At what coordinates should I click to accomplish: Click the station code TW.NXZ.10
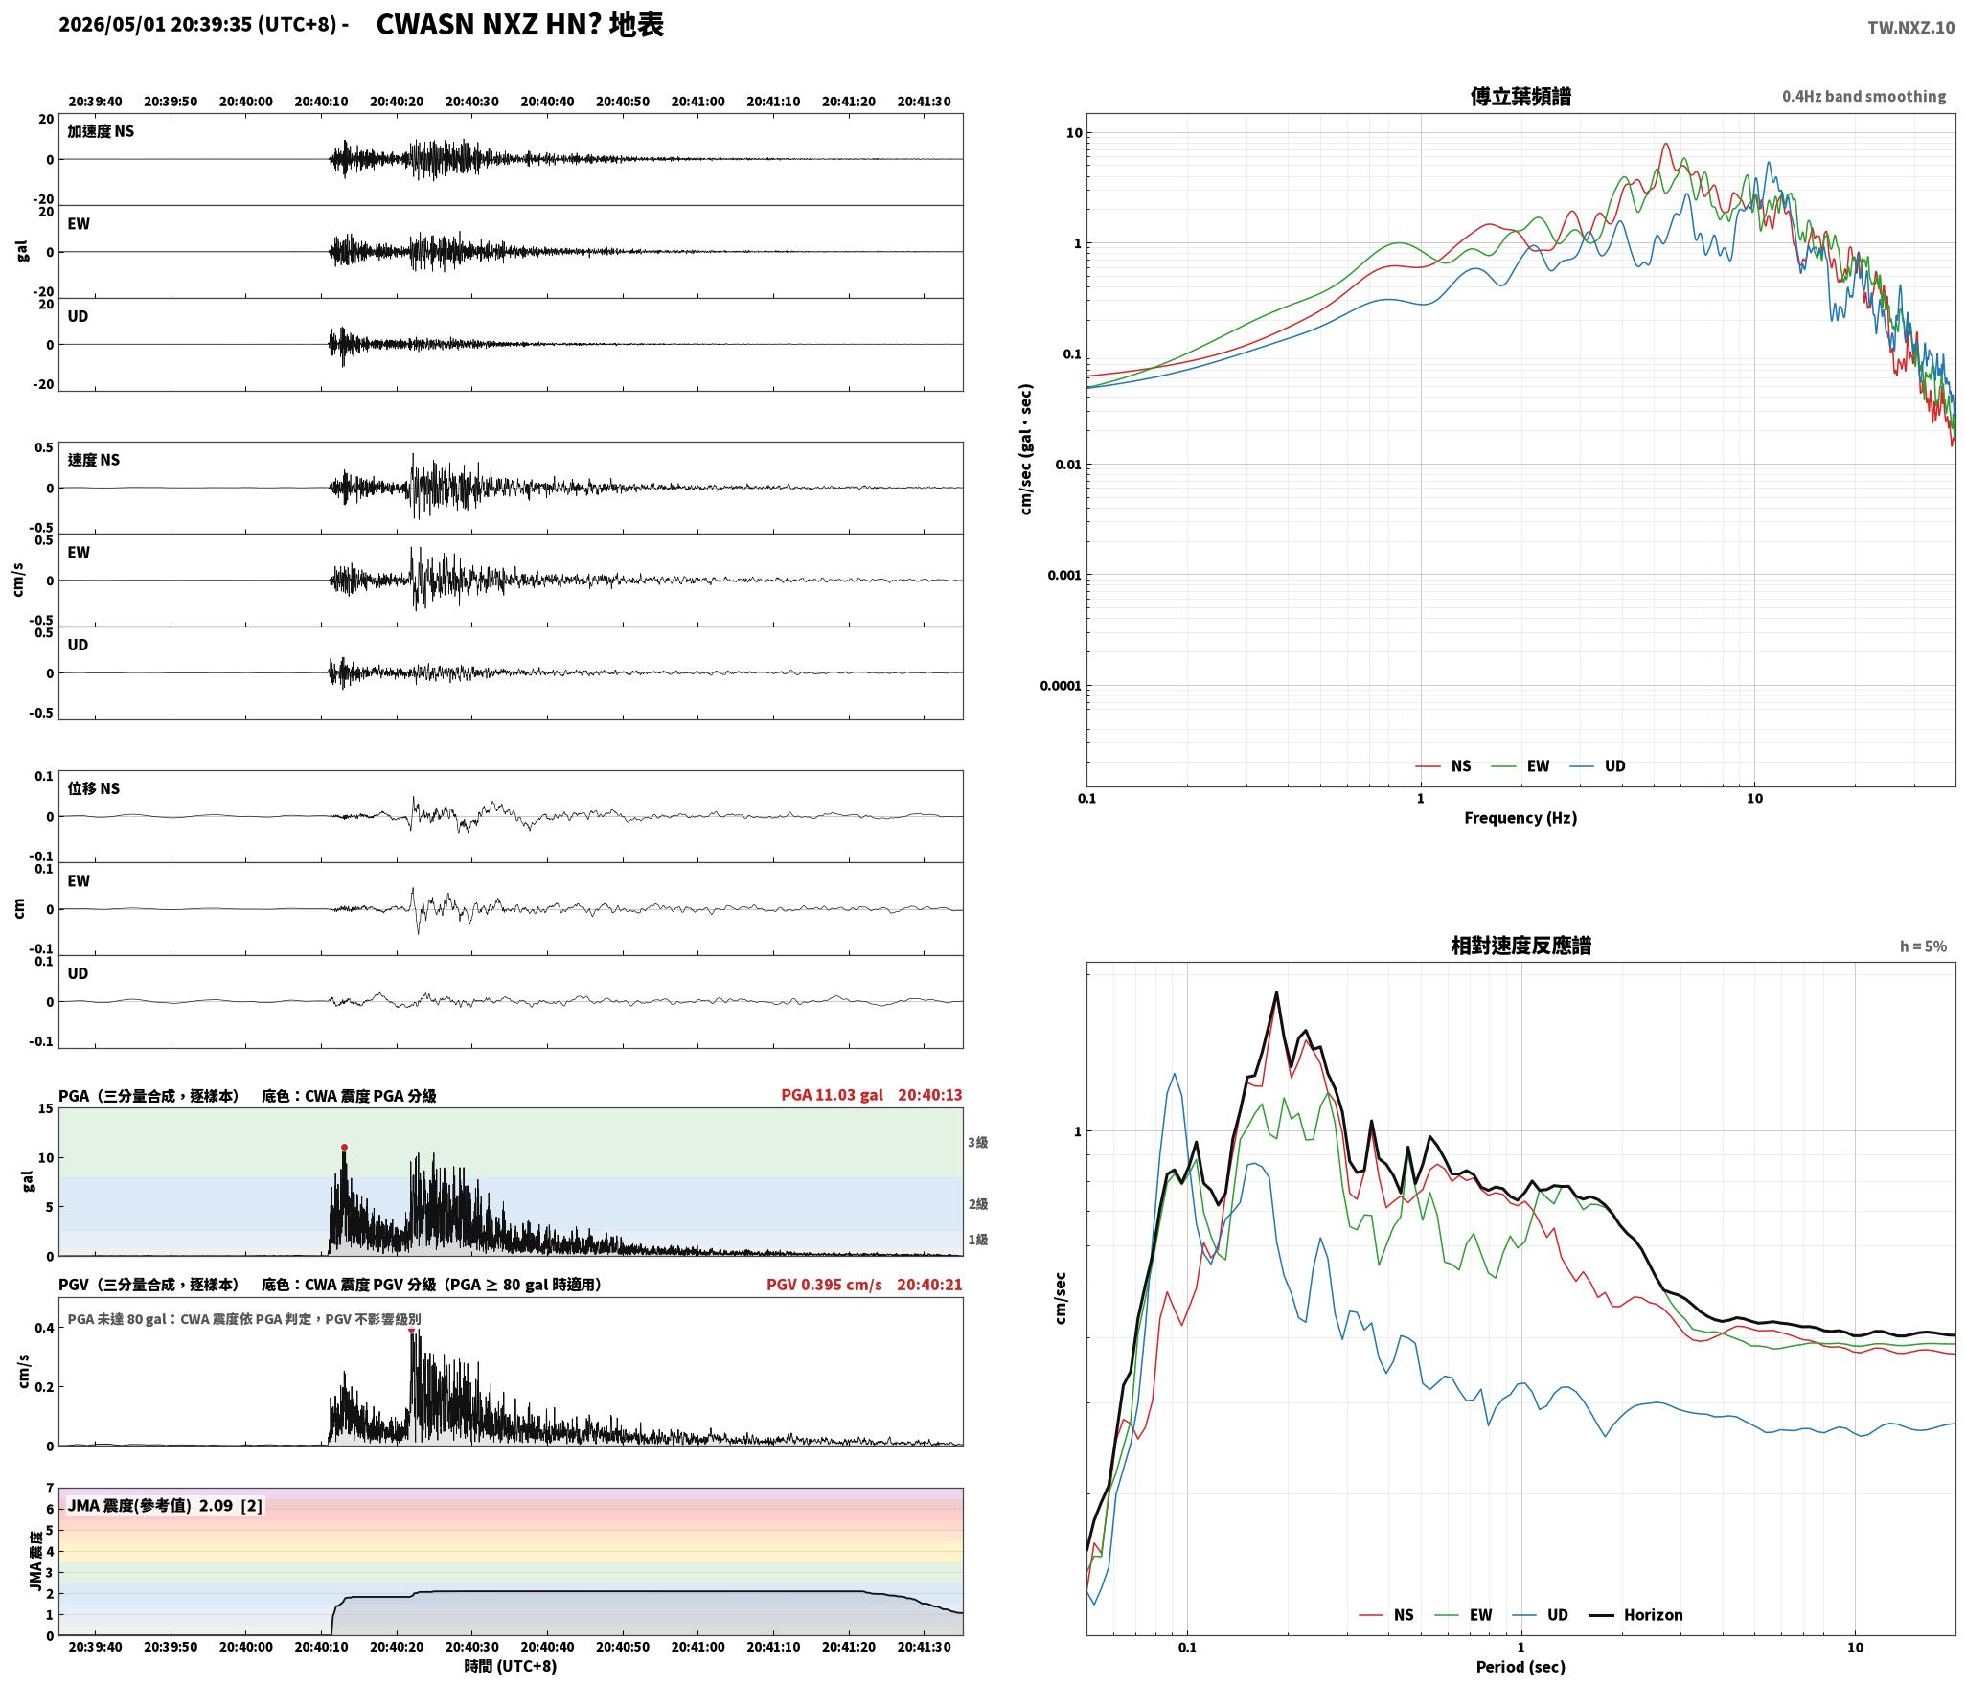(x=1910, y=27)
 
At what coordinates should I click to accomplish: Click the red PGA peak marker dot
(x=344, y=1147)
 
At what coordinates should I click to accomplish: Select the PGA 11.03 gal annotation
(x=832, y=1095)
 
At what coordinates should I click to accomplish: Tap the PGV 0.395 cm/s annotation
(x=824, y=1284)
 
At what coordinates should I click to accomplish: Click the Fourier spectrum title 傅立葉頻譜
(x=1520, y=96)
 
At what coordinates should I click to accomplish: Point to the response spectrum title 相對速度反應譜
(x=1520, y=946)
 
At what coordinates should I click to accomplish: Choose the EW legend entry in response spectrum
(x=1463, y=1614)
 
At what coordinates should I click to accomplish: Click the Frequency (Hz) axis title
(x=1520, y=817)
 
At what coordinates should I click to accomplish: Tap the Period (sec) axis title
(x=1520, y=1666)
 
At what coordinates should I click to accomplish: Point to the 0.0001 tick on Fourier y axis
(x=1061, y=686)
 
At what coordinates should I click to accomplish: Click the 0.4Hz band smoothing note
(x=1863, y=96)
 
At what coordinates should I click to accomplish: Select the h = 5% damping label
(x=1923, y=946)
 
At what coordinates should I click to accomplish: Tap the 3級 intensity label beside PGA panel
(x=977, y=1142)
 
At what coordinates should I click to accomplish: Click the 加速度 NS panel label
(x=101, y=131)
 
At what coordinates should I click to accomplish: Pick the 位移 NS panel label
(x=94, y=788)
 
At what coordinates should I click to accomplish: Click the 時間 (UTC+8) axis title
(x=511, y=1666)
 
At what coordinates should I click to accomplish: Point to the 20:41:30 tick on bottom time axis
(x=924, y=1647)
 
